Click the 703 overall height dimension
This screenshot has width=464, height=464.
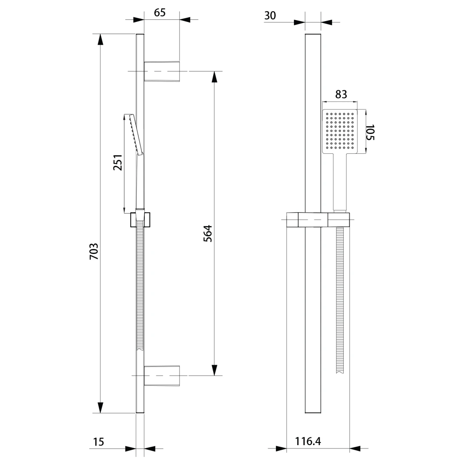point(94,251)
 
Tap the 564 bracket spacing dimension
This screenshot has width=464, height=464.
point(208,233)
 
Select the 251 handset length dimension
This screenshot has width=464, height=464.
point(118,162)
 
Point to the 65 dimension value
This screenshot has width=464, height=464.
point(160,12)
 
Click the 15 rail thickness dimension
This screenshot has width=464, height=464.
point(98,442)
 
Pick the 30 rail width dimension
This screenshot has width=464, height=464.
point(270,15)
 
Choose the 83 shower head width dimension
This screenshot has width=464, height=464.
point(341,94)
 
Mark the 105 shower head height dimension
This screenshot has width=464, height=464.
point(370,132)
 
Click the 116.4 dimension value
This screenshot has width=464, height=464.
point(308,441)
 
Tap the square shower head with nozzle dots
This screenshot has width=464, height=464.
point(340,131)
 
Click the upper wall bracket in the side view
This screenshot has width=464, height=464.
point(162,71)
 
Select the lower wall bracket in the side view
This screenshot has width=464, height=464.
point(162,376)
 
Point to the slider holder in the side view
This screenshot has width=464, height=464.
point(140,220)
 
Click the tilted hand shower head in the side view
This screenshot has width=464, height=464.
point(136,134)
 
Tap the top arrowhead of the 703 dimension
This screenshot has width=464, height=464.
point(101,40)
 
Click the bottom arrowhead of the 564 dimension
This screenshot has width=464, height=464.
point(214,370)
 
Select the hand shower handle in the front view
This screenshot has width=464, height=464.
point(340,182)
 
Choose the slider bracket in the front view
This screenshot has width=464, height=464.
point(318,220)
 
